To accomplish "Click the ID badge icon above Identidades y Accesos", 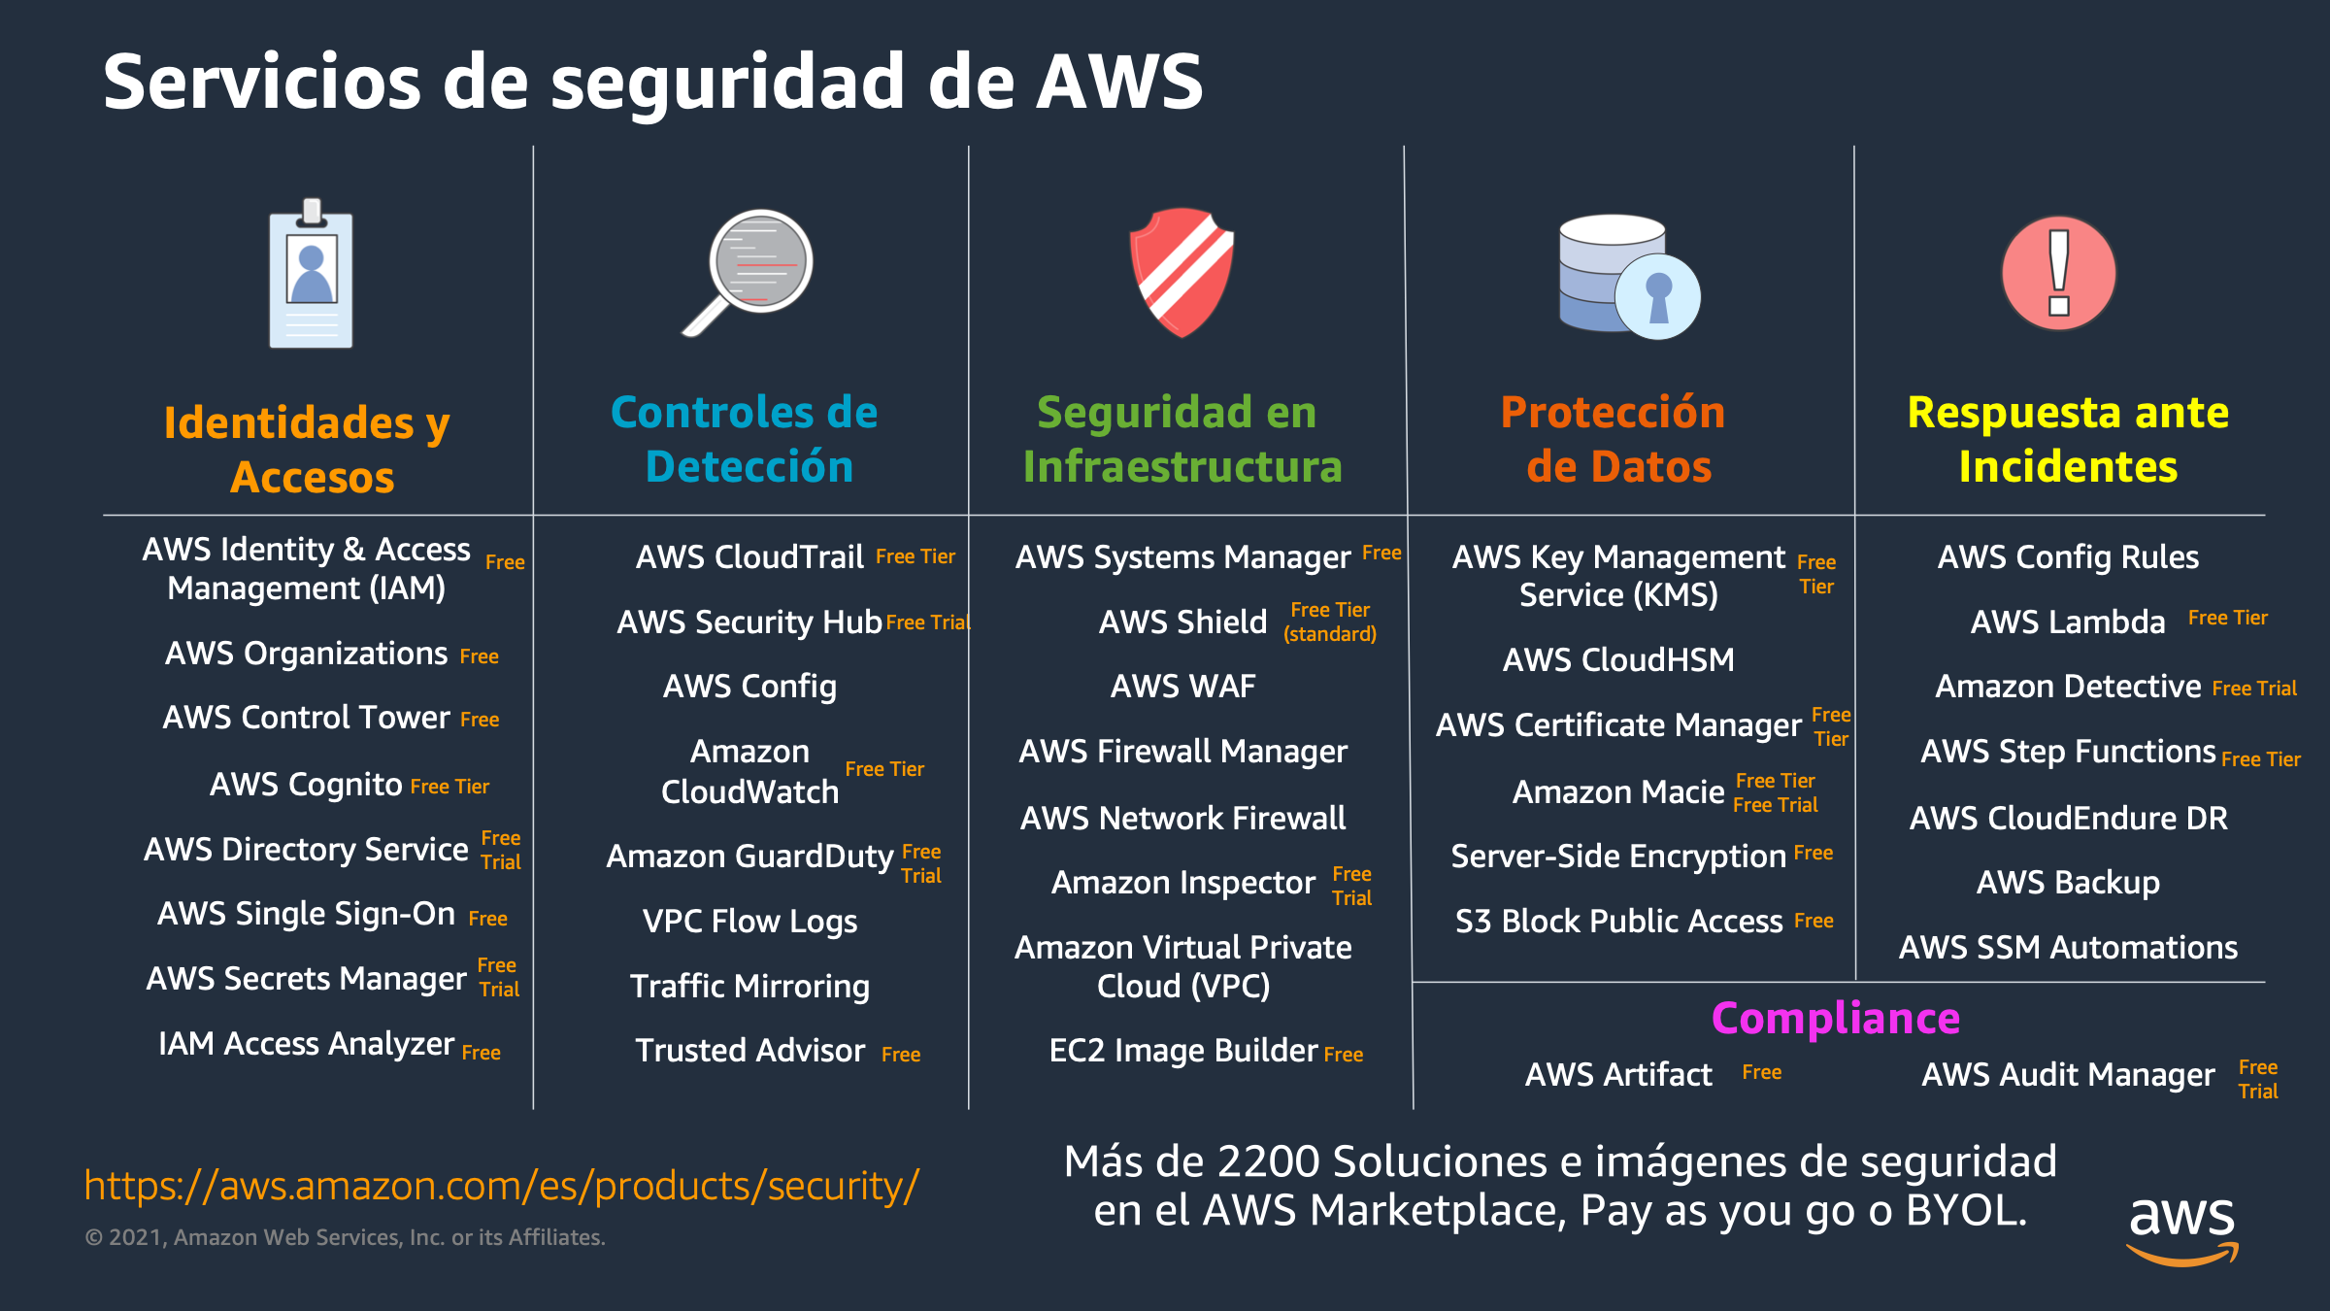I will [x=311, y=275].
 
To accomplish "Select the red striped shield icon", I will [x=1182, y=272].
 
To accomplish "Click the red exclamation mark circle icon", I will [x=2058, y=273].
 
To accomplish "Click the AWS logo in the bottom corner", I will [x=2182, y=1228].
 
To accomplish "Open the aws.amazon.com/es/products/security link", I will [x=501, y=1186].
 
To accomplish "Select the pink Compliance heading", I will [x=1835, y=1018].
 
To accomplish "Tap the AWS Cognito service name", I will [x=306, y=784].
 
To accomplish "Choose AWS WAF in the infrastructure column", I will [x=1182, y=687].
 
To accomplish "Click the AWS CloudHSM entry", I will [x=1618, y=660].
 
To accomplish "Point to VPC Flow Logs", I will [x=749, y=921].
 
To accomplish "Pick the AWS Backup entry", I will [x=2068, y=882].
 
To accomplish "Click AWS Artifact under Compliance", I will [x=1618, y=1074].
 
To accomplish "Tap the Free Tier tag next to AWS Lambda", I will [x=2227, y=618].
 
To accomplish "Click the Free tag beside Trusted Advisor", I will [x=901, y=1054].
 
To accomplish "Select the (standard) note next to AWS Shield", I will [x=1330, y=634].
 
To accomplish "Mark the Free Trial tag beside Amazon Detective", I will [x=2254, y=689].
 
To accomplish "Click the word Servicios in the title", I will [x=262, y=82].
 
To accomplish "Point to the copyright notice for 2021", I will [x=345, y=1237].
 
